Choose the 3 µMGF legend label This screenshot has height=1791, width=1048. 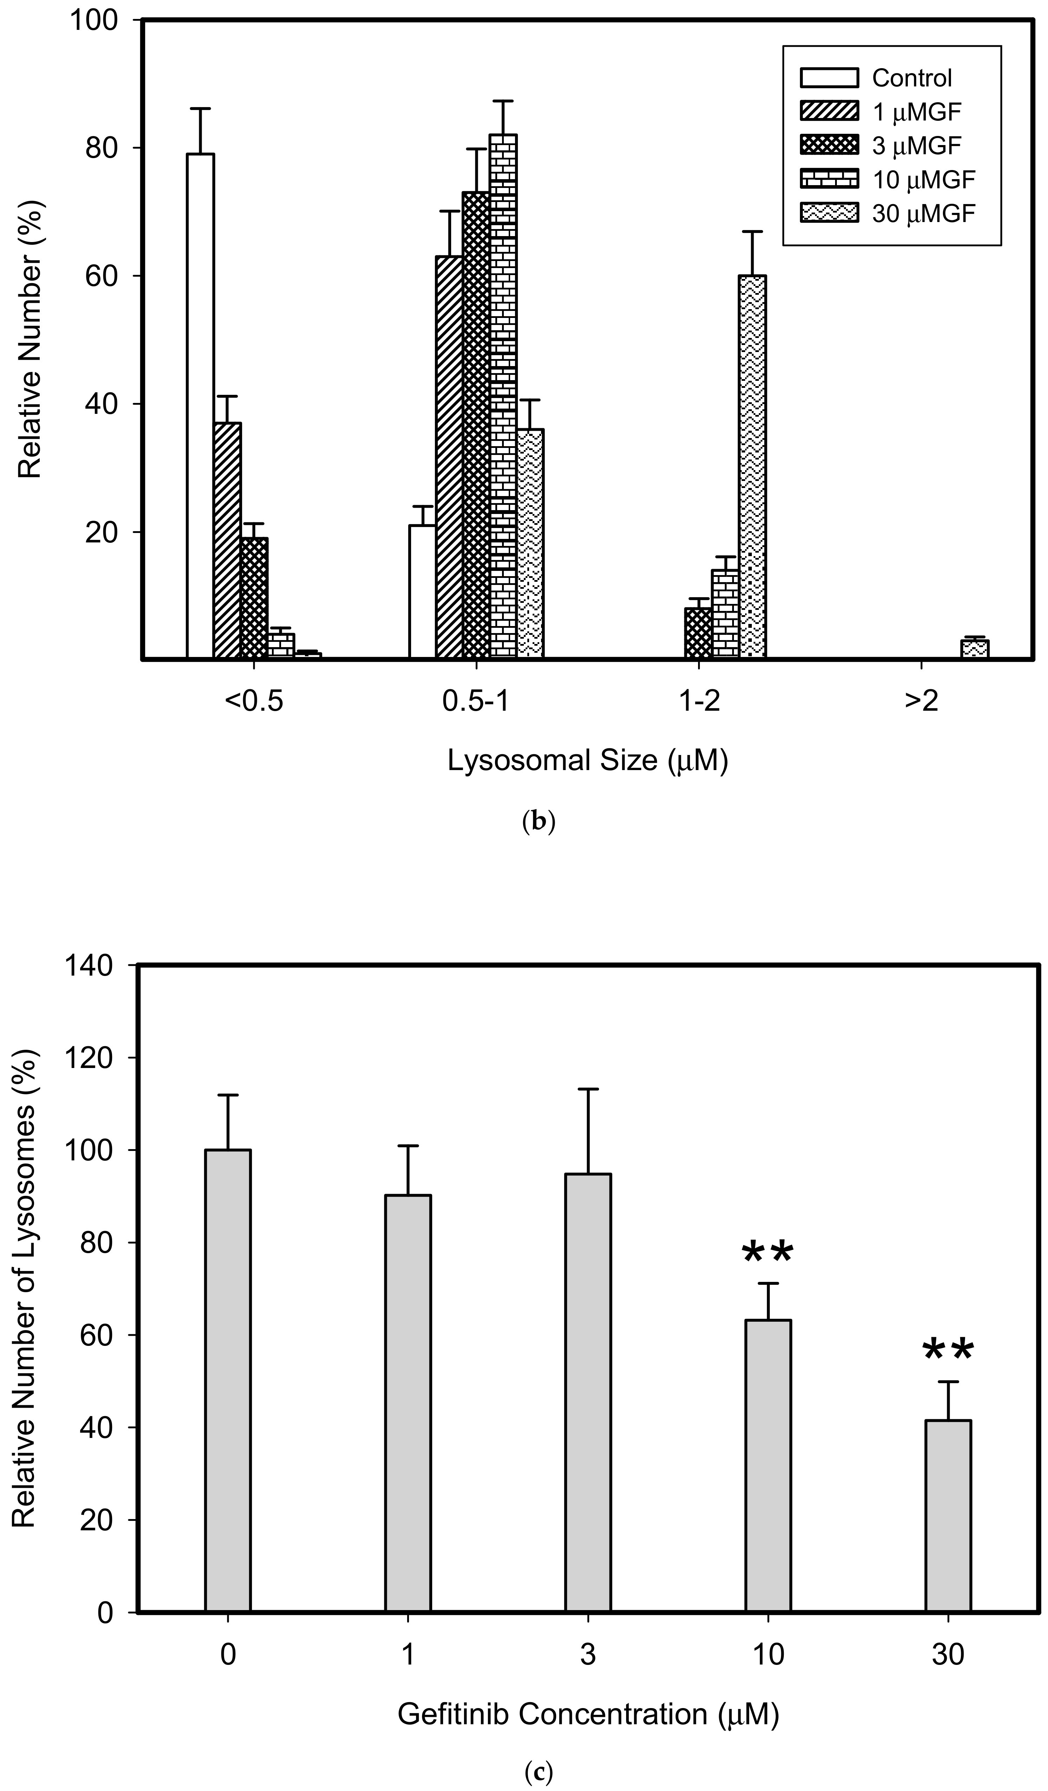pos(917,146)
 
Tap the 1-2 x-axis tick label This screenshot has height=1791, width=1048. pos(699,702)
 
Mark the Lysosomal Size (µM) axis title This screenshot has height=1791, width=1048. pos(588,761)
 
